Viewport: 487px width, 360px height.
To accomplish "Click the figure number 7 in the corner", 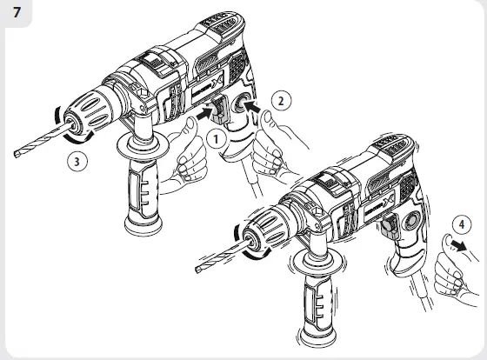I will click(x=17, y=15).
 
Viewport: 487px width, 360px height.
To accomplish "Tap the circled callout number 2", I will click(x=281, y=100).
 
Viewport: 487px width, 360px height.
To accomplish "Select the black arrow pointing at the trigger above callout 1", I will click(x=206, y=112).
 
